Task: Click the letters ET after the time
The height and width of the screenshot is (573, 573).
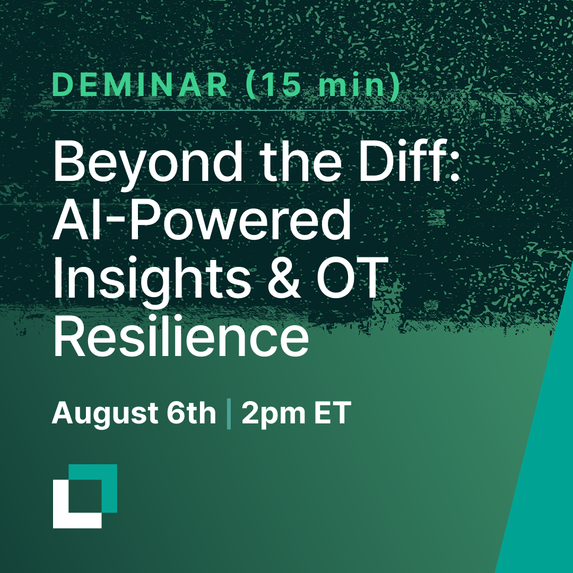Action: click(333, 414)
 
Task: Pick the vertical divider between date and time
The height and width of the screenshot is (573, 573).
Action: click(229, 414)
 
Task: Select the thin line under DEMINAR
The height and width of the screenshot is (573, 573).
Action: click(228, 110)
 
